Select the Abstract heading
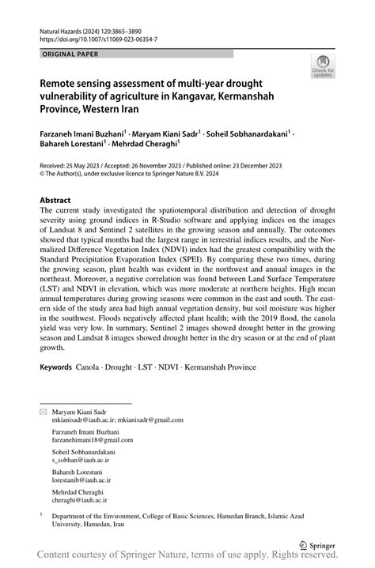[57, 201]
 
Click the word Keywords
[56, 368]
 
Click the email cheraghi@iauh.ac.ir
[80, 499]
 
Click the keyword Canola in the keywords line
[88, 368]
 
